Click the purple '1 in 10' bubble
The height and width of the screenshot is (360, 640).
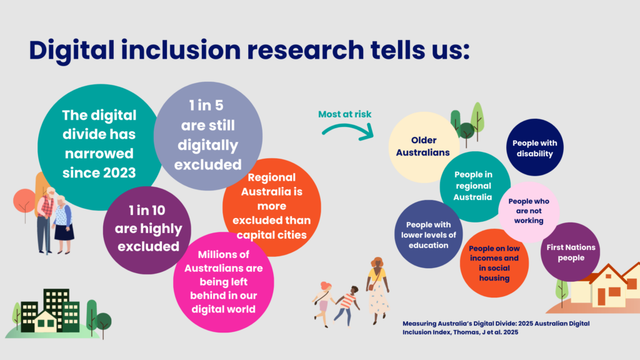tap(147, 229)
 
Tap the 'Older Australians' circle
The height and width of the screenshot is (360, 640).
tap(423, 147)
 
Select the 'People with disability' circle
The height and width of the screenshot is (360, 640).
tap(534, 148)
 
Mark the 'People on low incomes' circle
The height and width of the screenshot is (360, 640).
tap(494, 263)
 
